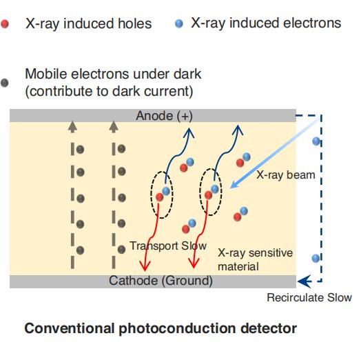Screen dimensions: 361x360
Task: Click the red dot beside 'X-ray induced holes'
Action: tap(5, 23)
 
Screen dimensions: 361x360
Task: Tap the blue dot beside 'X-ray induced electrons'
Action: tap(179, 23)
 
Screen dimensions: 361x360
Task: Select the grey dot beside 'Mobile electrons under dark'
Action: tap(5, 83)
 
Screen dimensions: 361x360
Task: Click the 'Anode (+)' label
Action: tap(164, 115)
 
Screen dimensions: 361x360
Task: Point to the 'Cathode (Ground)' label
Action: tap(161, 281)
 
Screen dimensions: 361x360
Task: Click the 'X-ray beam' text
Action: tap(286, 175)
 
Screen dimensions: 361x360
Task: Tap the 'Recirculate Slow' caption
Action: tap(309, 297)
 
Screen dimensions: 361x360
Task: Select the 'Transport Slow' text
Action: tap(168, 246)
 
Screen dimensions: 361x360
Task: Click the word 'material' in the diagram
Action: tap(238, 267)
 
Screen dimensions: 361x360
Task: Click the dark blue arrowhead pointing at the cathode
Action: tap(304, 281)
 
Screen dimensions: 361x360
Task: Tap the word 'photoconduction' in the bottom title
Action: tap(177, 328)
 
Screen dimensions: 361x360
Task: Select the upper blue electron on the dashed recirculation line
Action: tap(316, 141)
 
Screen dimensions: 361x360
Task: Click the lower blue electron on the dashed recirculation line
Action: tap(316, 258)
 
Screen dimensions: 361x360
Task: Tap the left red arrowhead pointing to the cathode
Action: tap(145, 266)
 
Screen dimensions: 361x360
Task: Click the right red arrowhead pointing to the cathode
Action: tap(194, 263)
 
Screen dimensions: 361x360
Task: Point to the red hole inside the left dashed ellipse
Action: tap(159, 197)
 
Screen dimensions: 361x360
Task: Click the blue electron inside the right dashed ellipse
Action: tap(214, 189)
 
